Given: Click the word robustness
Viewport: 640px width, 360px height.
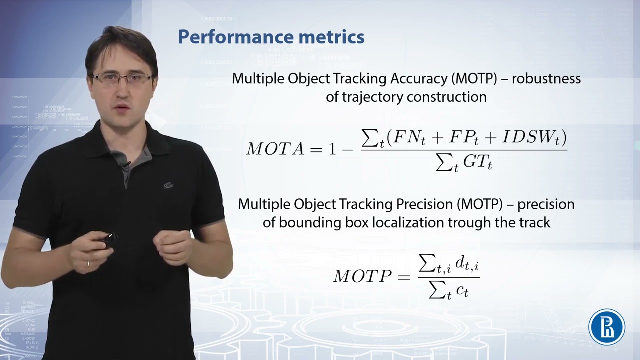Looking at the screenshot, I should click(x=546, y=79).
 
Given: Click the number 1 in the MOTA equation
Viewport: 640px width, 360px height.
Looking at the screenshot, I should click(x=332, y=149).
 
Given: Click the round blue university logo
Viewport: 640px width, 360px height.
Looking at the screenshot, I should click(x=607, y=326).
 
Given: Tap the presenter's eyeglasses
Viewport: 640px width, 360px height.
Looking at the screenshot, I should click(x=122, y=78).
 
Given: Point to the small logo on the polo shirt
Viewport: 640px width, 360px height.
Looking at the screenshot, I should click(x=168, y=185).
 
